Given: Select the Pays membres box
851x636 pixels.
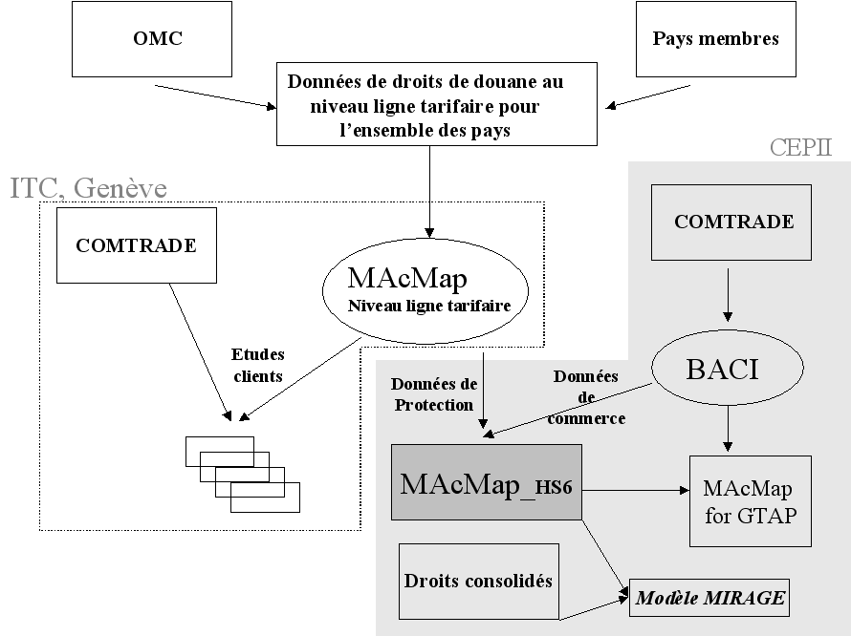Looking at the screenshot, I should point(715,39).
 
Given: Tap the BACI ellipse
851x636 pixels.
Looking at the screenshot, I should point(721,370).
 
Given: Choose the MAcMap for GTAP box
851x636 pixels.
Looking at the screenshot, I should point(750,499).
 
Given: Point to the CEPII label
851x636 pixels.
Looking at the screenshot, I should point(800,148).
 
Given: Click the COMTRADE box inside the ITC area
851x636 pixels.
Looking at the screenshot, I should point(137,245).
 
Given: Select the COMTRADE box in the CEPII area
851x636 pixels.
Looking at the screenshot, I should point(733,223).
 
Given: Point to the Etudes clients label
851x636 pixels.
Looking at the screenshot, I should point(258,366).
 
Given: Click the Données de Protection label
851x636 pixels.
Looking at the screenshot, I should point(433,394).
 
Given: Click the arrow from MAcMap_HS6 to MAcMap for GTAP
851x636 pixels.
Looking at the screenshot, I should point(635,489).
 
